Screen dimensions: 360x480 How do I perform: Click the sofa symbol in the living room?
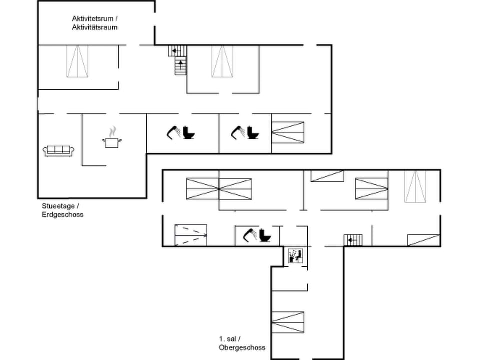pyautogui.click(x=59, y=150)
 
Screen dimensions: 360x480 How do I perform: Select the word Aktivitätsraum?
pyautogui.click(x=95, y=27)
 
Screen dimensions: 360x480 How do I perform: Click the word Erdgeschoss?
pyautogui.click(x=63, y=215)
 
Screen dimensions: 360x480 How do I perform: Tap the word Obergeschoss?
pyautogui.click(x=242, y=348)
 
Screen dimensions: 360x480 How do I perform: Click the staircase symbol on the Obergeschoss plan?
pyautogui.click(x=353, y=240)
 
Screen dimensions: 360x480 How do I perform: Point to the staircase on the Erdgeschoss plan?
pyautogui.click(x=179, y=60)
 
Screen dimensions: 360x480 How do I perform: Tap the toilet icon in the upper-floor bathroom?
pyautogui.click(x=265, y=235)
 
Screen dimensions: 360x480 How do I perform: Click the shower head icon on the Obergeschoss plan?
pyautogui.click(x=249, y=234)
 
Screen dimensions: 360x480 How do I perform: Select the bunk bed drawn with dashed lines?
pyautogui.click(x=191, y=235)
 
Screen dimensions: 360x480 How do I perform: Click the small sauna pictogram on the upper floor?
pyautogui.click(x=296, y=256)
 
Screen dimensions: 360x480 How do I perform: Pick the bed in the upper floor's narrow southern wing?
pyautogui.click(x=288, y=322)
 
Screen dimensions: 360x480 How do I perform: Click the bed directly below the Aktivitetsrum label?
pyautogui.click(x=77, y=61)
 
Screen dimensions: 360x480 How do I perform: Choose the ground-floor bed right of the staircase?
pyautogui.click(x=222, y=61)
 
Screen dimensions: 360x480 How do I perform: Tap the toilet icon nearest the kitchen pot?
pyautogui.click(x=189, y=133)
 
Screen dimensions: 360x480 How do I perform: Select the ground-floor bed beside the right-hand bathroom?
pyautogui.click(x=288, y=132)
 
